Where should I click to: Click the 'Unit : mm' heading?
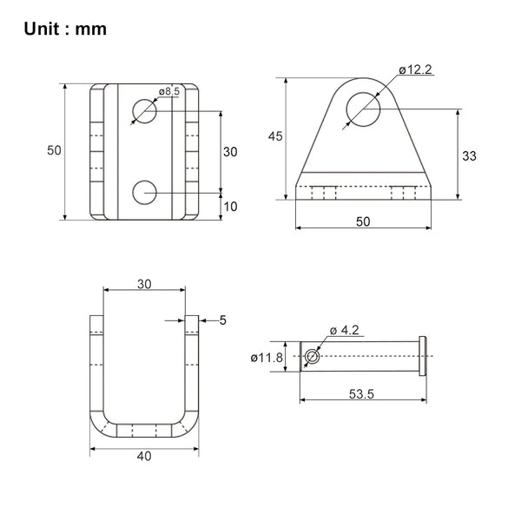[65, 29]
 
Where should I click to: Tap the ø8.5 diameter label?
[169, 91]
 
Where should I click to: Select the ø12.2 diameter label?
[415, 69]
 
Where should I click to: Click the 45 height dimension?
[275, 136]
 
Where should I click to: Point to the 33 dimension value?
[469, 155]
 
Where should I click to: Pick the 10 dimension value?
[230, 207]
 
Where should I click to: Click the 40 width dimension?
[144, 456]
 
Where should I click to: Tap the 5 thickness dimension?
[223, 320]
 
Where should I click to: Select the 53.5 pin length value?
[361, 394]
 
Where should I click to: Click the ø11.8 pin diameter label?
[267, 358]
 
